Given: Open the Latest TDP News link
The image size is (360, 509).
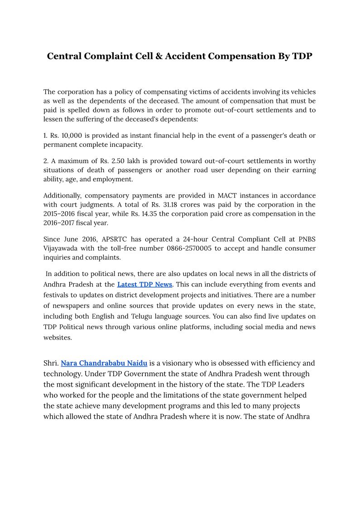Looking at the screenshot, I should coord(144,285).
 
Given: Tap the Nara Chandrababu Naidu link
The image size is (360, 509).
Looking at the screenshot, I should coord(104,364).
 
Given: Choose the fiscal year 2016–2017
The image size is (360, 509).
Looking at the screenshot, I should coord(61,223).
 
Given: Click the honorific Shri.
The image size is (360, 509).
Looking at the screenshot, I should coord(51,364).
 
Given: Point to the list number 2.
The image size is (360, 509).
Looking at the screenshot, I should coord(45,161).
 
